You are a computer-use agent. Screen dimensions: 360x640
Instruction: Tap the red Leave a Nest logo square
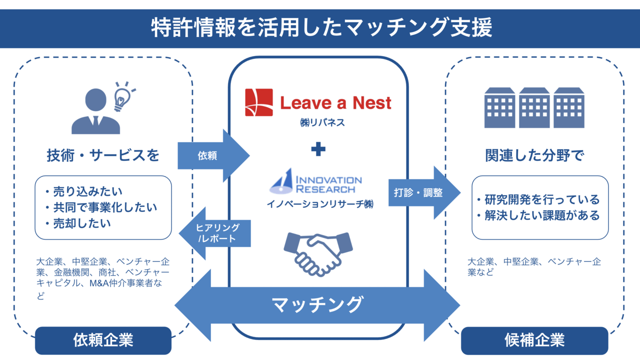pos(258,102)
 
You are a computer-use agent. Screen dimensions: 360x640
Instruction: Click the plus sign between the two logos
pos(318,149)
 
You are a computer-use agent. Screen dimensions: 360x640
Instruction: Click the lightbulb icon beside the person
pos(123,96)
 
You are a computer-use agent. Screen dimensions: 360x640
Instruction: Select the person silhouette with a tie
pos(95,112)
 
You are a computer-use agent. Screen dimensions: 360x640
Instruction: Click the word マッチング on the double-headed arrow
pos(317,304)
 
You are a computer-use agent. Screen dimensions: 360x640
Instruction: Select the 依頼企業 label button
pos(103,340)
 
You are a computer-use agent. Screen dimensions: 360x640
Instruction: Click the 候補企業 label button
pos(534,340)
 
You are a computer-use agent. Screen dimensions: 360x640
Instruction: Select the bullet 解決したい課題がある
pos(538,216)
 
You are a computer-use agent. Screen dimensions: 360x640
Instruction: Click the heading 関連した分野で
pos(534,155)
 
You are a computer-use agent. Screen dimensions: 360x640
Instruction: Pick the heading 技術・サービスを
pos(103,155)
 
